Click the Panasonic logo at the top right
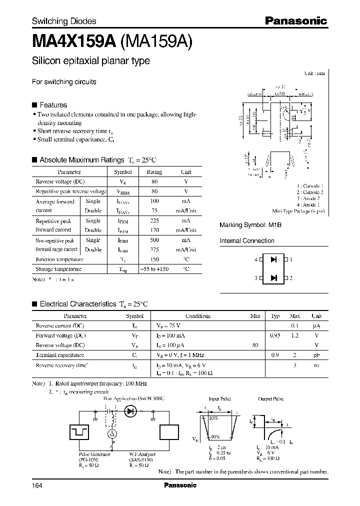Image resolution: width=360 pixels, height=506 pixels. (x=295, y=21)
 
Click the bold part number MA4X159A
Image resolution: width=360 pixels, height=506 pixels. (x=74, y=41)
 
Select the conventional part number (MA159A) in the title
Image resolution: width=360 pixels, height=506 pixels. (x=155, y=41)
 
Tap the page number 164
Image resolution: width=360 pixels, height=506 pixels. (x=38, y=485)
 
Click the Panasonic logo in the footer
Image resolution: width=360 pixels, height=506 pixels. (x=180, y=485)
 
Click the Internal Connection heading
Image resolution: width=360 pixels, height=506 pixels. (x=247, y=241)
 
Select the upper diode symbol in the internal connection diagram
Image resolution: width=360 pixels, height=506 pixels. (x=273, y=260)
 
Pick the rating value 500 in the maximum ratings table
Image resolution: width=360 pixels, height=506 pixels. (x=154, y=240)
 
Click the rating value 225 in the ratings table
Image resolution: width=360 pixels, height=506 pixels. (x=154, y=220)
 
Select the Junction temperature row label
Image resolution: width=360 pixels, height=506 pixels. (x=58, y=259)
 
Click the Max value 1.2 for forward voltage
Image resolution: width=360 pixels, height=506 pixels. (x=295, y=335)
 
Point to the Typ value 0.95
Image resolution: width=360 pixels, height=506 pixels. (x=275, y=335)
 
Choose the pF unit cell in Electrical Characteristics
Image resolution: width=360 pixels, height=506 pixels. (x=316, y=354)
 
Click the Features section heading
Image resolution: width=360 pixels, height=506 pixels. (x=53, y=105)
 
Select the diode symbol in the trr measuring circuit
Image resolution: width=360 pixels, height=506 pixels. (x=131, y=411)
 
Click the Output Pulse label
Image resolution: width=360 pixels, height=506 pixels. (x=270, y=399)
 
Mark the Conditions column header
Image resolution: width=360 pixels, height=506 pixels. (x=198, y=316)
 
